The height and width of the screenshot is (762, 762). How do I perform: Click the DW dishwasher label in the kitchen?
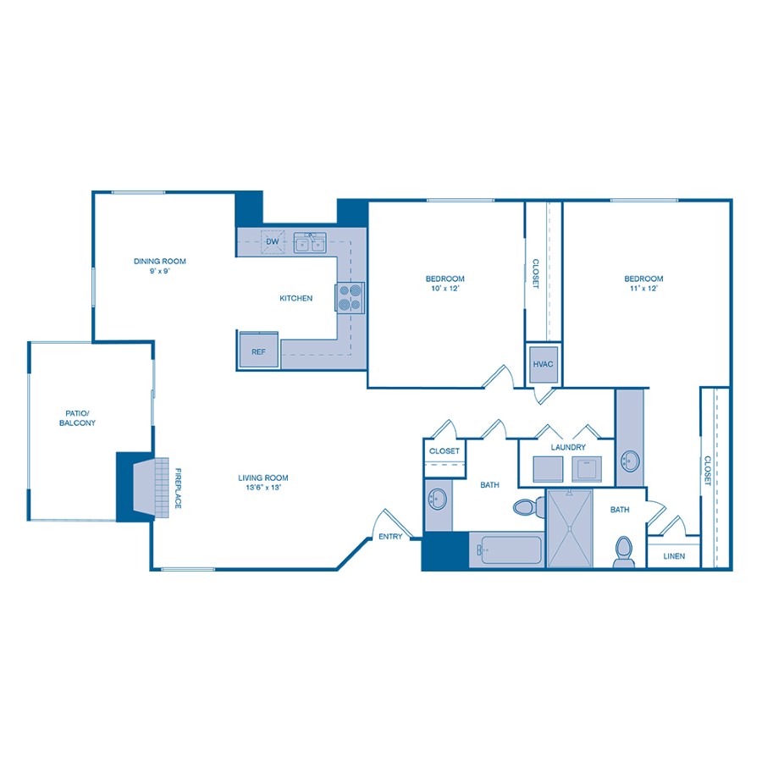272,242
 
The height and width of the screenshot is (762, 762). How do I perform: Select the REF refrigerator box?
258,351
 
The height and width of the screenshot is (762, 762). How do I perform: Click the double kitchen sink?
310,244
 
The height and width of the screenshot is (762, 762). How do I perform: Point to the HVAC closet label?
543,364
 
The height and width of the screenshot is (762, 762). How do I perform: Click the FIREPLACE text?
178,489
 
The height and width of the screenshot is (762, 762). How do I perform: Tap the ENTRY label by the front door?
390,536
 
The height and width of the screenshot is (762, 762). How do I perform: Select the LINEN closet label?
674,556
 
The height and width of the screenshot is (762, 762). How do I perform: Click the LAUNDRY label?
568,446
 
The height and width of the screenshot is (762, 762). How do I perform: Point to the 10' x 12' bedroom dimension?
444,289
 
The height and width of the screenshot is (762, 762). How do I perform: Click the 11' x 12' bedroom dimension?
643,289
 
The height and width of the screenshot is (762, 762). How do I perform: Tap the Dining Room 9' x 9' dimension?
159,271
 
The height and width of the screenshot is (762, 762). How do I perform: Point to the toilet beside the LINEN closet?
624,550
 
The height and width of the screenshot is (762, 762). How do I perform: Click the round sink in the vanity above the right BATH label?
630,461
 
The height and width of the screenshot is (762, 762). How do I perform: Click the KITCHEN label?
296,298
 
